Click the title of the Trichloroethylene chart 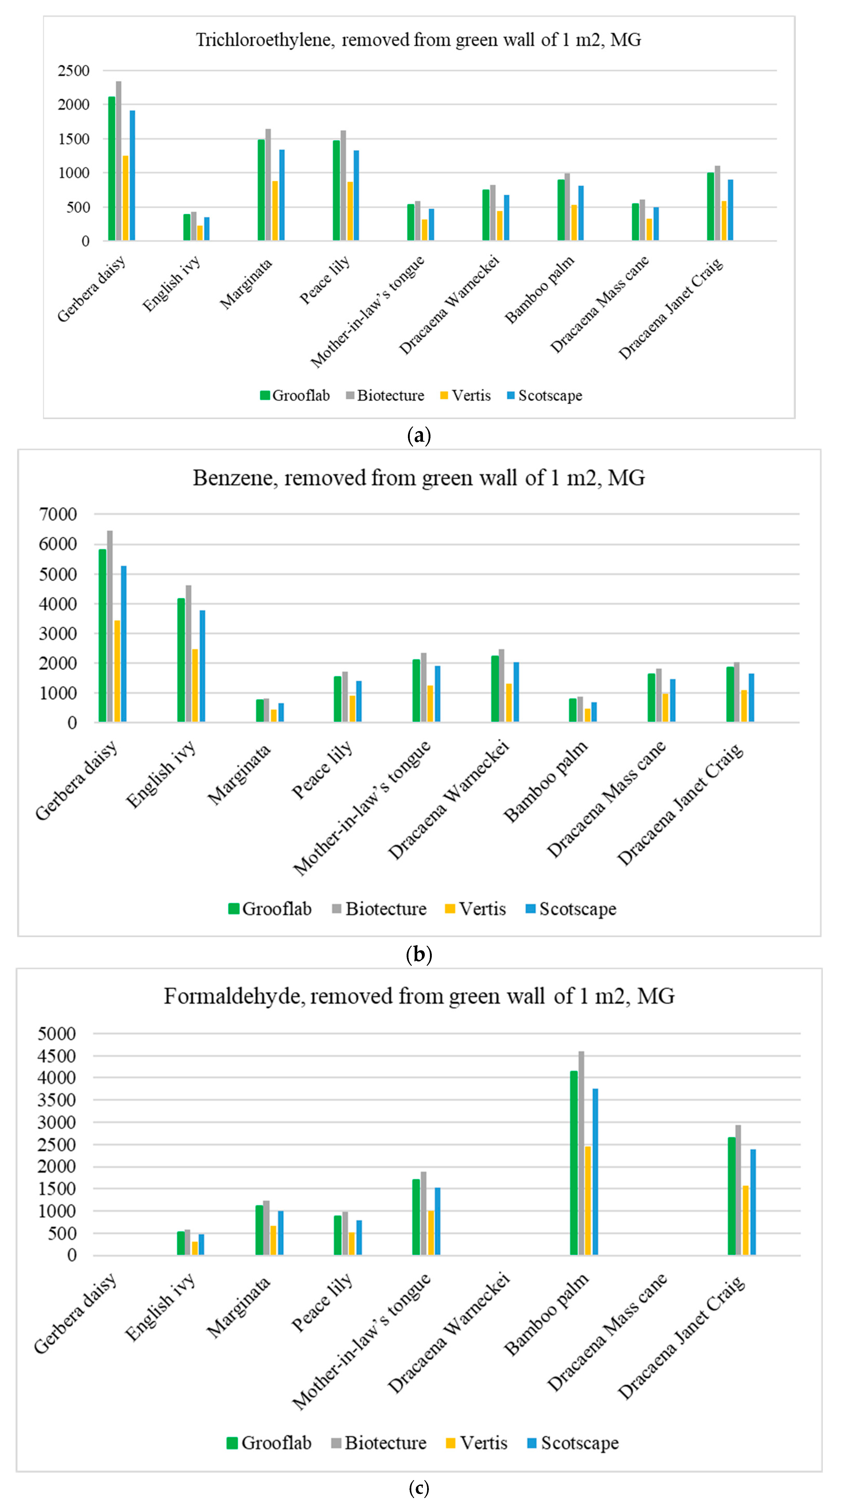[x=418, y=40]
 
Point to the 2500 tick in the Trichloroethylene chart [x=74, y=71]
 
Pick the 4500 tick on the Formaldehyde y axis [x=57, y=1056]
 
